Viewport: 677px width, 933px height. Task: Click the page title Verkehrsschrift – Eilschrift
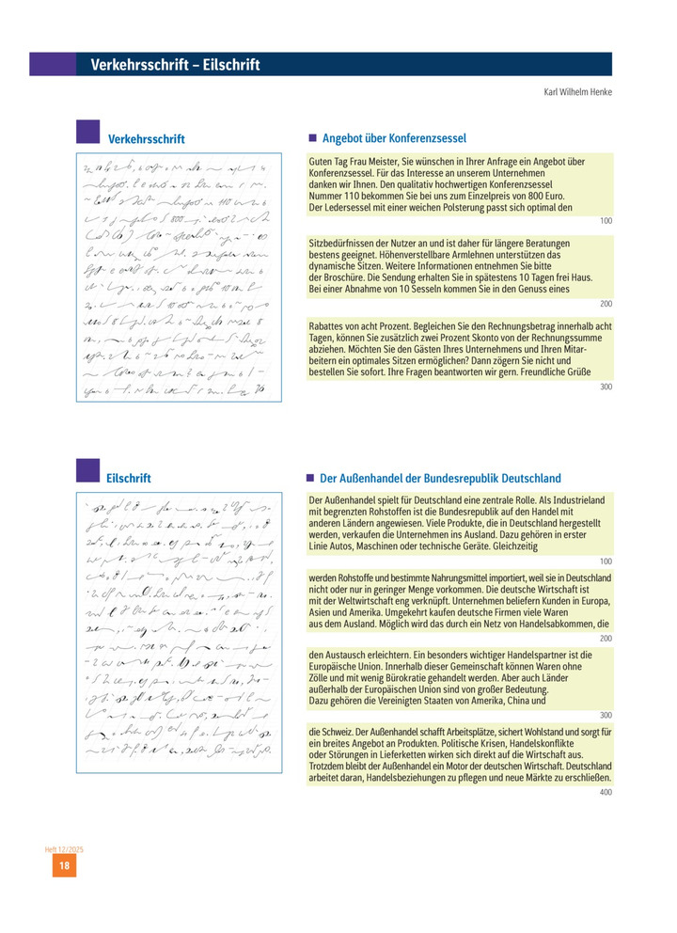[175, 65]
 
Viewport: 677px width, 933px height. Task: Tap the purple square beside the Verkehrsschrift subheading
[87, 131]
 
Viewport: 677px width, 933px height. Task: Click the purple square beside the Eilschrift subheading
[87, 470]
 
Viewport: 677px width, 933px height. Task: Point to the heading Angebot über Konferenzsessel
[394, 138]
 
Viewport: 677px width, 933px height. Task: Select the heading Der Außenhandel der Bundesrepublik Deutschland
[440, 478]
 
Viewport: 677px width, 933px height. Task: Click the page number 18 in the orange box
[64, 866]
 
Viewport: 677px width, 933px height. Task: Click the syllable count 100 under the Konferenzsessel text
[605, 220]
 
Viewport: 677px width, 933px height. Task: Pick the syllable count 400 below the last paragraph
[605, 792]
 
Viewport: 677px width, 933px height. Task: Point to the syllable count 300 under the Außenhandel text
[605, 715]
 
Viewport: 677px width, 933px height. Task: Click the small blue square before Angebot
[312, 138]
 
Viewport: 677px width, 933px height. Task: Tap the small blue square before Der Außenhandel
[312, 478]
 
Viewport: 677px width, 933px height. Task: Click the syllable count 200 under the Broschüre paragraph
[605, 304]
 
